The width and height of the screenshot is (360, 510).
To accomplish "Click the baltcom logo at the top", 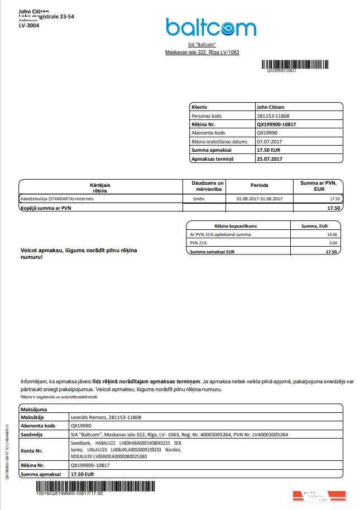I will [210, 27].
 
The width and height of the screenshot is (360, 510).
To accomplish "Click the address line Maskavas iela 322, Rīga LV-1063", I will [202, 52].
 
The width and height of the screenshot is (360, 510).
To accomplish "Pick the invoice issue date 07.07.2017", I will [268, 142].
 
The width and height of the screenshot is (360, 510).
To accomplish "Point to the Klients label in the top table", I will [199, 107].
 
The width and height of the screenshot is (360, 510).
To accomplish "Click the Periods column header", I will [259, 185].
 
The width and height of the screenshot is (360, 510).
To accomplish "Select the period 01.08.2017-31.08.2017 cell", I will [260, 199].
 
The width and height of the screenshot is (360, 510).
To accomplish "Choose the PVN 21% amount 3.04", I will [333, 243].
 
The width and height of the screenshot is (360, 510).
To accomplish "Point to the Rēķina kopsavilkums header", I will [238, 225].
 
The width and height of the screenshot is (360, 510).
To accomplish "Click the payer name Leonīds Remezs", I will [89, 417].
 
